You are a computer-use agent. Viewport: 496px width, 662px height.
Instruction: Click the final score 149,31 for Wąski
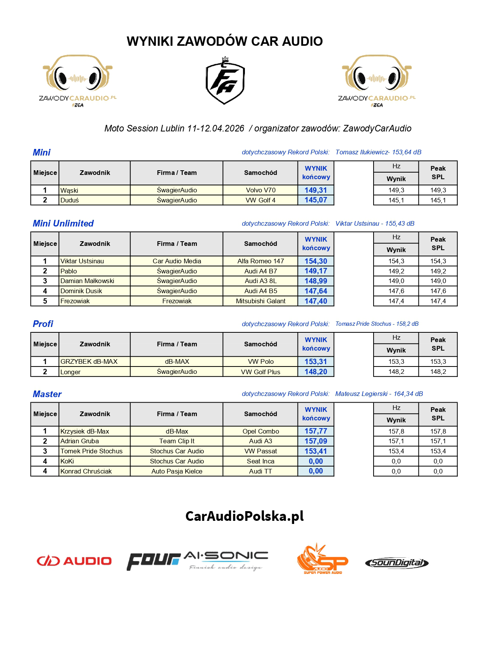pyautogui.click(x=316, y=190)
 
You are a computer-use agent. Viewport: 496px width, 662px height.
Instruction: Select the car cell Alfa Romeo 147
pyautogui.click(x=260, y=261)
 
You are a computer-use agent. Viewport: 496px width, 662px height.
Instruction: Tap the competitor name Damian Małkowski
pyautogui.click(x=87, y=281)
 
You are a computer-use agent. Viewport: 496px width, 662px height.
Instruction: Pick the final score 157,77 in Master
pyautogui.click(x=316, y=431)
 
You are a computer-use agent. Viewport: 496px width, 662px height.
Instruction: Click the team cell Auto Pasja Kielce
pyautogui.click(x=177, y=471)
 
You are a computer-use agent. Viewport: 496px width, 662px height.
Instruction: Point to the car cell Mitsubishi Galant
pyautogui.click(x=260, y=301)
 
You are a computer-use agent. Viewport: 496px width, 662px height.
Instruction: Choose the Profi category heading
pyautogui.click(x=43, y=324)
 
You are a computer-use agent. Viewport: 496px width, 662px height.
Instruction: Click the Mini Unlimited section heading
pyautogui.click(x=63, y=223)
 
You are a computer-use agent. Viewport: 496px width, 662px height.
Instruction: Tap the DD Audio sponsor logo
pyautogui.click(x=74, y=561)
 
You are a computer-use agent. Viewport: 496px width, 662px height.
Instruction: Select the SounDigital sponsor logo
pyautogui.click(x=397, y=563)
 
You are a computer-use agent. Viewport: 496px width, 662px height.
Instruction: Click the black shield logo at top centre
pyautogui.click(x=225, y=81)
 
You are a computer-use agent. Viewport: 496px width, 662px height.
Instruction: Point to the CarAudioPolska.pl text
pyautogui.click(x=245, y=516)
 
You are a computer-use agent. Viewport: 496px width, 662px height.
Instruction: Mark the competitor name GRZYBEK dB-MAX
pyautogui.click(x=89, y=361)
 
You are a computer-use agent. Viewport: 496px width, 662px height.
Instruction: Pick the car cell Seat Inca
pyautogui.click(x=260, y=461)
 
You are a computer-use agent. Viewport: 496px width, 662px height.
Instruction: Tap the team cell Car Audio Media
pyautogui.click(x=177, y=261)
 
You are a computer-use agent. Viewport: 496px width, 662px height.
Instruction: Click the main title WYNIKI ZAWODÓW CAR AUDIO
pyautogui.click(x=224, y=41)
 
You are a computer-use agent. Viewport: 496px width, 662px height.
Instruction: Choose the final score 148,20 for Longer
pyautogui.click(x=316, y=372)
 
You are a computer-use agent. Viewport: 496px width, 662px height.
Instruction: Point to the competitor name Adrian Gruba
pyautogui.click(x=79, y=441)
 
